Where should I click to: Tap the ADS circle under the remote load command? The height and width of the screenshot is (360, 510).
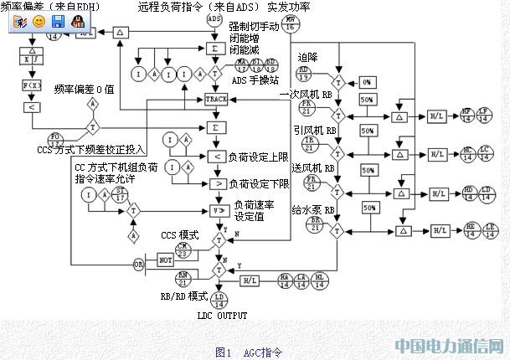(x=214, y=18)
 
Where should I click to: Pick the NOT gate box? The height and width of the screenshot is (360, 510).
(x=165, y=261)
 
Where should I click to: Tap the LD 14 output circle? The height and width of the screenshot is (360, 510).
(x=219, y=299)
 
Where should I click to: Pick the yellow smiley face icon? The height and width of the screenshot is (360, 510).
(x=39, y=22)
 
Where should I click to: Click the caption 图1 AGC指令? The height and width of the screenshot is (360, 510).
(x=249, y=352)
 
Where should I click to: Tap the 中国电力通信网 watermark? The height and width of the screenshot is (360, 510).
(x=448, y=345)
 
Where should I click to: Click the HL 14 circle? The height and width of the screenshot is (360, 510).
(x=319, y=280)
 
